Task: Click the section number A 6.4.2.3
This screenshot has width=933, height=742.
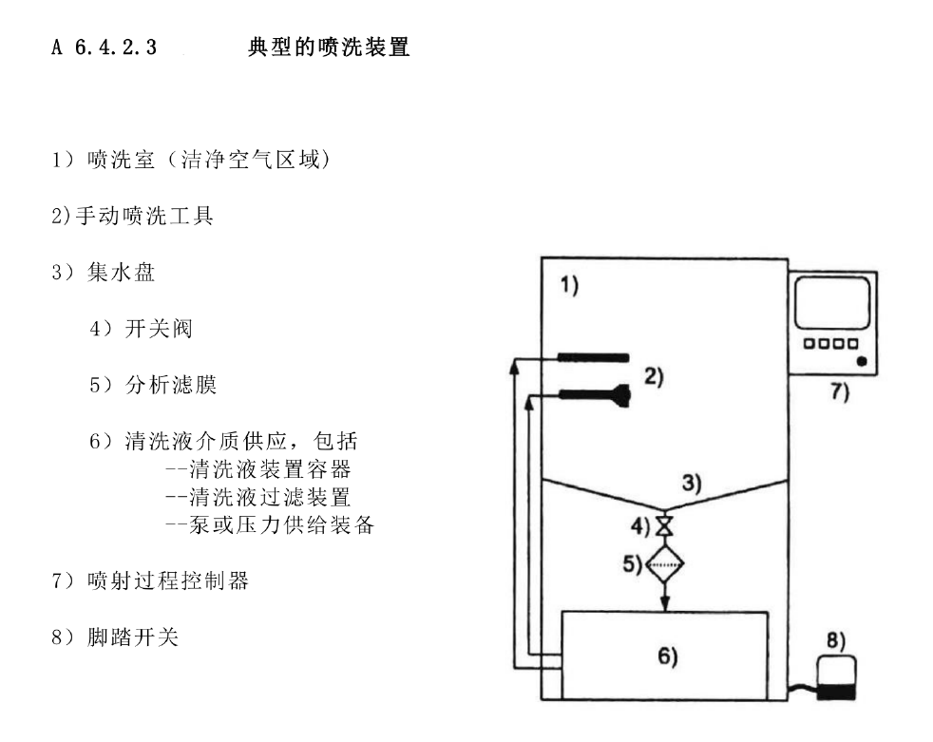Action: [x=105, y=48]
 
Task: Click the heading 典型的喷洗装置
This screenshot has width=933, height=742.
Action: [x=329, y=48]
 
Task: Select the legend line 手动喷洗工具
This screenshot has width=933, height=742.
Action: [x=132, y=217]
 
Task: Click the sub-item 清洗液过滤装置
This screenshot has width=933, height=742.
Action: [x=257, y=496]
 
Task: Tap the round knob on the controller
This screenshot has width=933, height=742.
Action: [x=860, y=362]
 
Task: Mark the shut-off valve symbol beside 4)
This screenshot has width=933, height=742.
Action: [x=665, y=525]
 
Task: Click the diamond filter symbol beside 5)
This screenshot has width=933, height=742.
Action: [x=665, y=566]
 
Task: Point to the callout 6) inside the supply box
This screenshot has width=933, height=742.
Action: [x=667, y=656]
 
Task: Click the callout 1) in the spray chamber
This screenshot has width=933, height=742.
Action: [x=568, y=285]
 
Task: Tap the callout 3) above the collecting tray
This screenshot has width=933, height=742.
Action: [x=693, y=484]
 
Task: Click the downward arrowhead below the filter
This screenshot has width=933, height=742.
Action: [x=665, y=605]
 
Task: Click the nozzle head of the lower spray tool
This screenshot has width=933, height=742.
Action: [x=622, y=393]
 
